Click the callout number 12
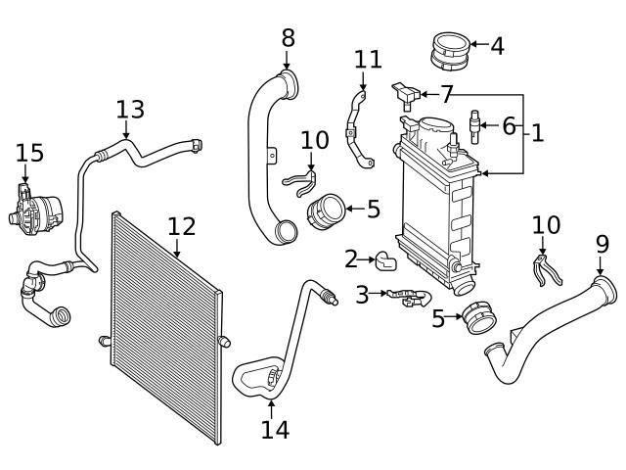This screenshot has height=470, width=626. (x=181, y=227)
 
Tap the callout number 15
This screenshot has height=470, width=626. (x=29, y=153)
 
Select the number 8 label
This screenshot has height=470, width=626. (x=288, y=38)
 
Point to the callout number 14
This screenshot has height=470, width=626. (x=275, y=429)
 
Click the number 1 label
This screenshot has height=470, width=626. (x=537, y=132)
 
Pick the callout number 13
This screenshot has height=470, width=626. (x=129, y=109)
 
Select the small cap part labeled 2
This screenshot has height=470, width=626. (x=385, y=259)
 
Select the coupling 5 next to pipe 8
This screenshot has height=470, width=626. (x=328, y=210)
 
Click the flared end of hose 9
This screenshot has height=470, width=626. (x=606, y=289)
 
